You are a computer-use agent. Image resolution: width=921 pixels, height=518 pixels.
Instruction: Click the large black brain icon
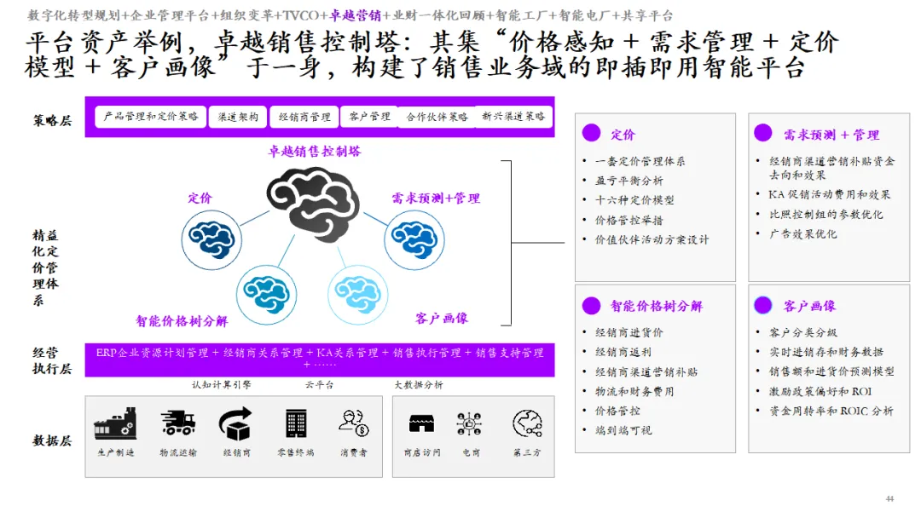[x=311, y=203]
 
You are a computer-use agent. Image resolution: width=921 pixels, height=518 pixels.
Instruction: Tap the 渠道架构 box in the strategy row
[x=239, y=117]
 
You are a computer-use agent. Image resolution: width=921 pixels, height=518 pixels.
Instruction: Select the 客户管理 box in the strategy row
[x=369, y=117]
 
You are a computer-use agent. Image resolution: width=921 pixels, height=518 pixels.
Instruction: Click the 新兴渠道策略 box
[x=513, y=117]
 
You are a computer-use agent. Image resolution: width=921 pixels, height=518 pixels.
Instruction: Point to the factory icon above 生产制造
[x=115, y=423]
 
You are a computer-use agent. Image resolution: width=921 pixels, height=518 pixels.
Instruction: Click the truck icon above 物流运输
[x=177, y=423]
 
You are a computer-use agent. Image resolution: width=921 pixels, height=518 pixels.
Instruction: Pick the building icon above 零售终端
[x=296, y=423]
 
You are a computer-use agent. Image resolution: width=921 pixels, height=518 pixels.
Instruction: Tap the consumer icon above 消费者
[x=353, y=423]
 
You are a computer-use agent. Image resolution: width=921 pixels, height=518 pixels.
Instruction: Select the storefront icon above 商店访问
[x=421, y=423]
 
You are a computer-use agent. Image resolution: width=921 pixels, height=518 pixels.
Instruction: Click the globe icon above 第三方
[x=527, y=423]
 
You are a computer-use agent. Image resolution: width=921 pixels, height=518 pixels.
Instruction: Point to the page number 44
[x=890, y=498]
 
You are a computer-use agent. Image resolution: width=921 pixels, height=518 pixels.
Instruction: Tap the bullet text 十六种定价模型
[x=634, y=200]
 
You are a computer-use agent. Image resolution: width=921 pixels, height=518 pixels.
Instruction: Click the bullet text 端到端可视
[x=623, y=430]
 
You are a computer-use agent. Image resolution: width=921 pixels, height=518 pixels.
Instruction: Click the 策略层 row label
[x=53, y=120]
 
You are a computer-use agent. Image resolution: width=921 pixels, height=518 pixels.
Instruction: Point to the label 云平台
[x=320, y=385]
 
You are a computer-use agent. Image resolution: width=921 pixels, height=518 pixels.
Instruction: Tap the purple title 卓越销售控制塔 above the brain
[x=315, y=152]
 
